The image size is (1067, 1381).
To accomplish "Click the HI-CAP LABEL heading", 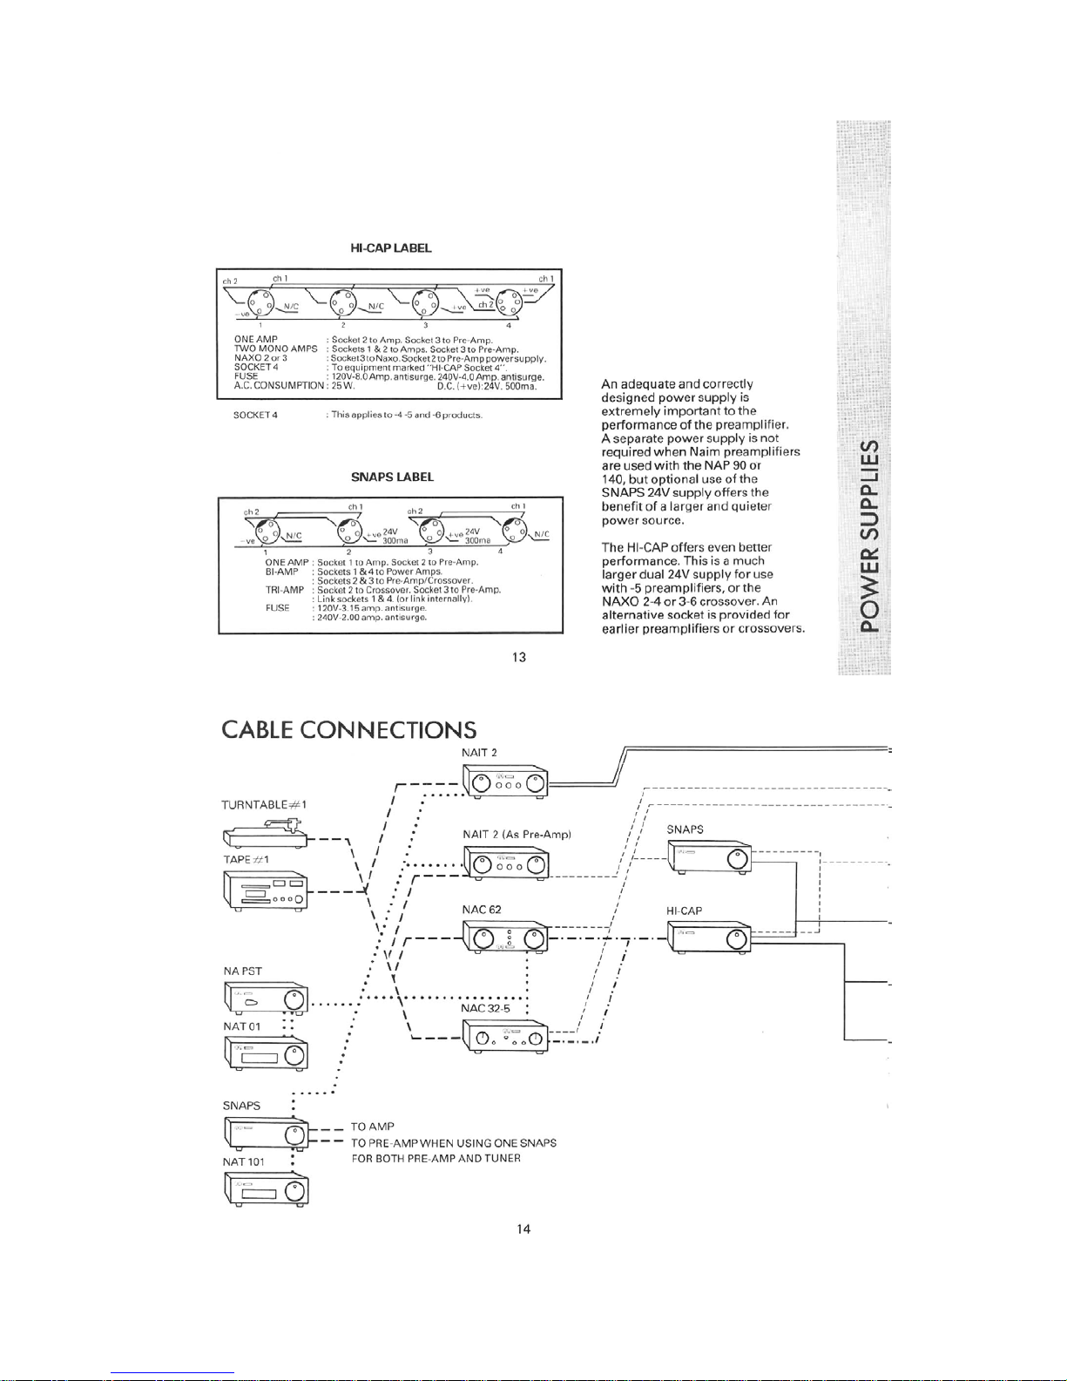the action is pos(390,248).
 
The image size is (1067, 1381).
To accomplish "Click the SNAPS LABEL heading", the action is pos(392,477).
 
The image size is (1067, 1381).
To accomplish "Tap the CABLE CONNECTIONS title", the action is pos(349,729).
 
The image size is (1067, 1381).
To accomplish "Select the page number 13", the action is pos(519,657).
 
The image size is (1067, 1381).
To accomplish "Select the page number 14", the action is pos(523,1229).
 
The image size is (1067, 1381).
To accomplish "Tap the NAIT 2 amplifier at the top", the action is pos(505,782).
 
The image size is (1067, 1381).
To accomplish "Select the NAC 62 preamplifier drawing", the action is pos(505,938).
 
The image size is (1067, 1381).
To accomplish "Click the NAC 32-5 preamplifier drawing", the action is pos(505,1037).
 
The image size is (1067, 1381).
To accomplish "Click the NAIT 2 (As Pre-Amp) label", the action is pos(517,835).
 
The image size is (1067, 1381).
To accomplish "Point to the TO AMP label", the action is pos(373,1127).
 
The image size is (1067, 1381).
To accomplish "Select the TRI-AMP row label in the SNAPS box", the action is pos(285,590).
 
